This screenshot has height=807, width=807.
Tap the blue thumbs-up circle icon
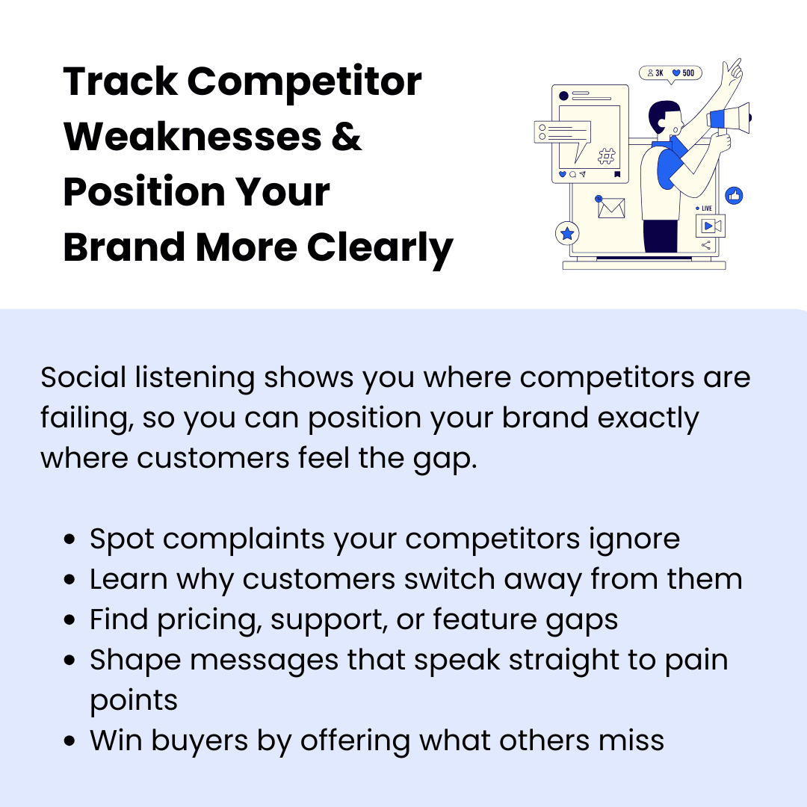click(734, 196)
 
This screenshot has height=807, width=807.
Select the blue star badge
click(568, 234)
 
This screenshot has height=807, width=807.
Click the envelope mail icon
click(611, 208)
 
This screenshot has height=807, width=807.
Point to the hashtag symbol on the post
click(607, 156)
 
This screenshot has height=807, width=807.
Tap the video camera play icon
click(711, 225)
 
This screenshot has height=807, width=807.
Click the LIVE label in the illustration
click(706, 208)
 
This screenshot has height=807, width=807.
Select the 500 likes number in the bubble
click(687, 73)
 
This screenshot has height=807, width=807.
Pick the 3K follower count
click(659, 73)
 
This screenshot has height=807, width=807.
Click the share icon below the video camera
click(706, 245)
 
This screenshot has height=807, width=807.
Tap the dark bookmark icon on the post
click(617, 174)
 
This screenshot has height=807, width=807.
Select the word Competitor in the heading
click(305, 81)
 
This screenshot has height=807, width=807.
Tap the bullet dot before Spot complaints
click(69, 539)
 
